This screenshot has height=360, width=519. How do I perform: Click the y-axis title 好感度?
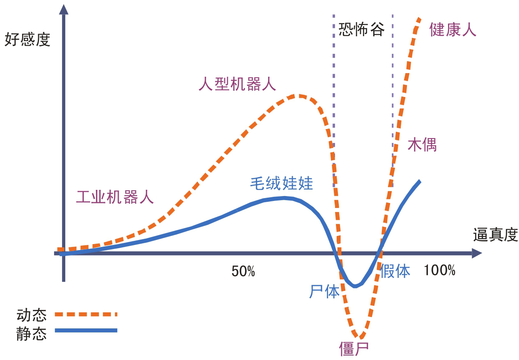click(27, 40)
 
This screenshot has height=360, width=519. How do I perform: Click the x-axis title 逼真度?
click(495, 235)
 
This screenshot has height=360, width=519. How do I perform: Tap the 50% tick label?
click(243, 271)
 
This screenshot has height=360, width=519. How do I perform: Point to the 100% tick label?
click(439, 270)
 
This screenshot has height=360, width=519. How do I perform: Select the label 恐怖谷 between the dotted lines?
click(361, 30)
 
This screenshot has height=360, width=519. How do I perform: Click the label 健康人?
click(453, 30)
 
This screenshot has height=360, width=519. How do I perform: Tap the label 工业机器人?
click(115, 197)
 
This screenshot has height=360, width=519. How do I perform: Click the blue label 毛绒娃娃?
click(282, 183)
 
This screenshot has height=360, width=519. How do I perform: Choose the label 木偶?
click(422, 145)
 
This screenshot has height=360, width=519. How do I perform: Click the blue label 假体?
click(395, 271)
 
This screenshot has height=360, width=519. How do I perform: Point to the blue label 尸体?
click(324, 291)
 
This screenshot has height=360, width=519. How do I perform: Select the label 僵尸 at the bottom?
click(354, 349)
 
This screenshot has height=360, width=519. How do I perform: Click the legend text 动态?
click(32, 315)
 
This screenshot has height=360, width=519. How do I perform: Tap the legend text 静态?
click(32, 333)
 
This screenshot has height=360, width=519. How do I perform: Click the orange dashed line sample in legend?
click(86, 314)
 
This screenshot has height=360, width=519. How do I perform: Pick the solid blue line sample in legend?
click(86, 330)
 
